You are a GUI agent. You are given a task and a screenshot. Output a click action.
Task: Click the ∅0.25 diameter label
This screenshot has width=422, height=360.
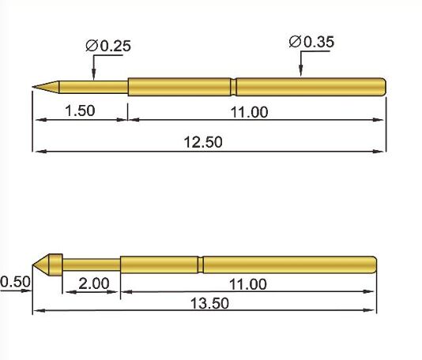point(107,46)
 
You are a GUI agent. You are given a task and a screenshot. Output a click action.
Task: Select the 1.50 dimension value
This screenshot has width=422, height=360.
point(79,111)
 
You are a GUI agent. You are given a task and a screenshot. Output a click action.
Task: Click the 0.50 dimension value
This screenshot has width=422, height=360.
point(14,282)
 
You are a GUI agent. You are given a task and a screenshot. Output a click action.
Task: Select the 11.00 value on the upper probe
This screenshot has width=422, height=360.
point(249,111)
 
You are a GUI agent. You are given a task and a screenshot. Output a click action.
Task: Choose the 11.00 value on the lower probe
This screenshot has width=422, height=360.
point(247,284)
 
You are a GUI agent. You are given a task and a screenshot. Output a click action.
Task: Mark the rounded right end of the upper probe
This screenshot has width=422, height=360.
point(383,85)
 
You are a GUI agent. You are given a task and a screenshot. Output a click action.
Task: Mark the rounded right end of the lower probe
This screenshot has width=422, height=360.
point(372,263)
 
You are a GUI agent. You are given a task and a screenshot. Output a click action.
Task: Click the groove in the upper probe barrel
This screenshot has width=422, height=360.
point(234,85)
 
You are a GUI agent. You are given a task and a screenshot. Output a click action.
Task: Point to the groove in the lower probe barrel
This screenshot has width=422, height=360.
point(200,263)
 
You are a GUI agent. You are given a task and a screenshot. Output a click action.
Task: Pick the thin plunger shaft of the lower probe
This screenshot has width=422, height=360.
point(91,263)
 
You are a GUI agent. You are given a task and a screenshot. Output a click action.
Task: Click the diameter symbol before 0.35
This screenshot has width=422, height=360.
point(295,42)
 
